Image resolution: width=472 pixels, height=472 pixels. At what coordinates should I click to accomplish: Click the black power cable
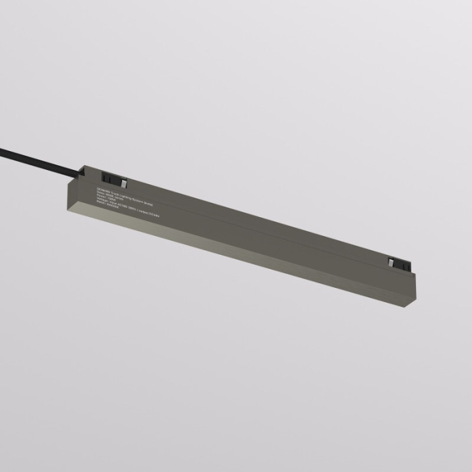(40, 160)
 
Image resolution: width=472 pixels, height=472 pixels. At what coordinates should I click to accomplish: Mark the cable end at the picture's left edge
(3, 150)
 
